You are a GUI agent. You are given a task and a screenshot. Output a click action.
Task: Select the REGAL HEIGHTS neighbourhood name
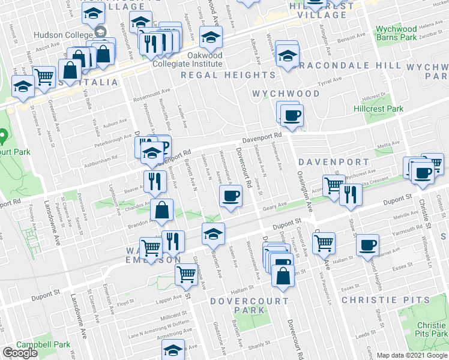coord(228,75)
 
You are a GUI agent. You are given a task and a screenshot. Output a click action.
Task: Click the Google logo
coord(20,352)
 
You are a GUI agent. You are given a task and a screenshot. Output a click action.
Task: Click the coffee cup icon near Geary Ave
coord(230,196)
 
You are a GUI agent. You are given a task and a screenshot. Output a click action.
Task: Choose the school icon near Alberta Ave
coord(288,56)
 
